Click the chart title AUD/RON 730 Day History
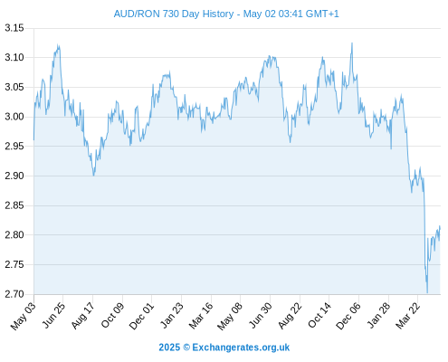pos(174,14)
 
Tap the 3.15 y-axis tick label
pos(14,28)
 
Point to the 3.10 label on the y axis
pos(14,57)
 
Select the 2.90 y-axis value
pos(14,176)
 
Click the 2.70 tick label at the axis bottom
pos(14,294)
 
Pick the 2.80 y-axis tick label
pos(14,235)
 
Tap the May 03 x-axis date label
pos(23,316)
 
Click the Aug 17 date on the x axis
pos(82,316)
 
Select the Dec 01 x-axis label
pos(141,316)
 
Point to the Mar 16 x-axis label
pos(201,316)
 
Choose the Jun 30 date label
pos(260,316)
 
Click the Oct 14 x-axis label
pos(319,316)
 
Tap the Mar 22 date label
pos(407,316)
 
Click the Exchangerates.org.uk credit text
pos(241,348)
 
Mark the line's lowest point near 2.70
pos(427,292)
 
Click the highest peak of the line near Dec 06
pos(352,43)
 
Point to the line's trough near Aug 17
pos(94,176)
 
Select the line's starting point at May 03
pos(33,139)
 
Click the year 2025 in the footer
pos(169,348)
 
